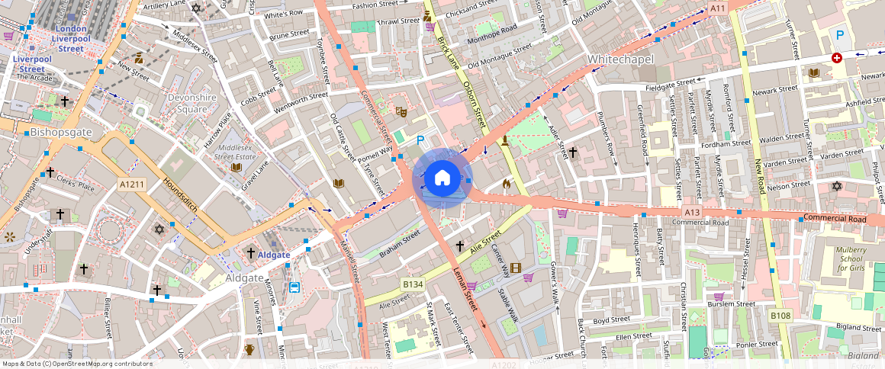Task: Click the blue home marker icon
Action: point(442,178)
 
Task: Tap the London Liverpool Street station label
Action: point(71,38)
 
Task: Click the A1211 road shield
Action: point(131,184)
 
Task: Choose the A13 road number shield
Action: point(692,212)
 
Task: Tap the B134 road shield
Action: point(413,284)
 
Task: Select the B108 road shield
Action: point(780,316)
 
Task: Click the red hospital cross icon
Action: point(837,58)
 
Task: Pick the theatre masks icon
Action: point(401,111)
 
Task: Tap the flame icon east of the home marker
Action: point(506,184)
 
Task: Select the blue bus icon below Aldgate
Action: point(294,287)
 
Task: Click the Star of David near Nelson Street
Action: point(836,186)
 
